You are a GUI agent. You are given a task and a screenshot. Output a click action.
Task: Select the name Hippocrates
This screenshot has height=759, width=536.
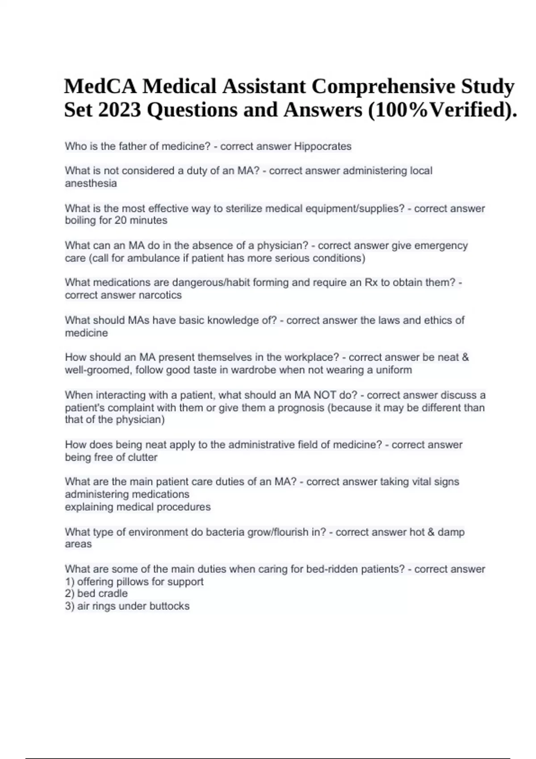point(322,146)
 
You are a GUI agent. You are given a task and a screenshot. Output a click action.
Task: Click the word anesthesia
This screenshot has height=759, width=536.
point(91,183)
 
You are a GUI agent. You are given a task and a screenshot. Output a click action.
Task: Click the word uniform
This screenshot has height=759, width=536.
point(394,370)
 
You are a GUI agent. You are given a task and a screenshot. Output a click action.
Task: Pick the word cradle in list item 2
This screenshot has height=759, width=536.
point(113,593)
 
